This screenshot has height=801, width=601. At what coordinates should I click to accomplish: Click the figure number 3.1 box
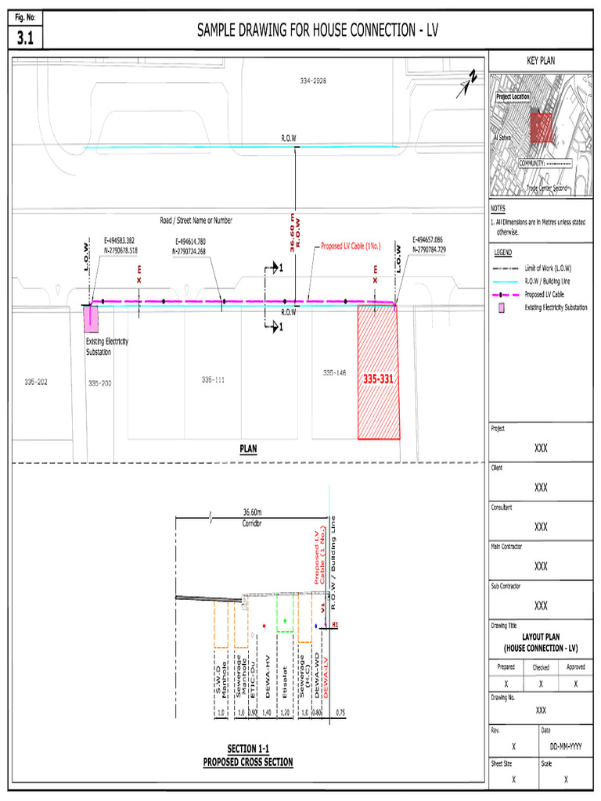[x=27, y=38]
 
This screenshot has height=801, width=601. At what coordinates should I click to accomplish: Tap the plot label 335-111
[x=212, y=379]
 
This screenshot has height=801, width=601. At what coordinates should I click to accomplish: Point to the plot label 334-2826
[x=313, y=81]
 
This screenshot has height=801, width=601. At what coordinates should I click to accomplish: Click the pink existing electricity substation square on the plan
[x=92, y=318]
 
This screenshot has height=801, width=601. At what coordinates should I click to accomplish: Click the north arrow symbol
[x=469, y=82]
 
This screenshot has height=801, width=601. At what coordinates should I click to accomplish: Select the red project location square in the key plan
[x=541, y=127]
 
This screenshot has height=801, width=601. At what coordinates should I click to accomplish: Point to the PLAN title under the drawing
[x=248, y=449]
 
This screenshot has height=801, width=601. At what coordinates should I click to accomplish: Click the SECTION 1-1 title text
[x=248, y=749]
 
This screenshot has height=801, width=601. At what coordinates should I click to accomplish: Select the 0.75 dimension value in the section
[x=340, y=713]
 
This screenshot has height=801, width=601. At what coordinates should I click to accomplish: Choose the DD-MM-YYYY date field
[x=565, y=747]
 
